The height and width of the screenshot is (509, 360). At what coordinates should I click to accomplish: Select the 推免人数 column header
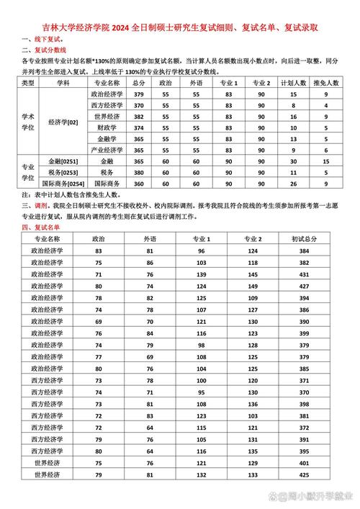[327, 84]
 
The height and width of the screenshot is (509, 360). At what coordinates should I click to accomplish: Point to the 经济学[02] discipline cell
[63, 122]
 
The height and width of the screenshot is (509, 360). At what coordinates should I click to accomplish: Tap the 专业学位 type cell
[28, 173]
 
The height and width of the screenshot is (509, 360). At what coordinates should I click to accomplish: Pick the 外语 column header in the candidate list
[149, 238]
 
